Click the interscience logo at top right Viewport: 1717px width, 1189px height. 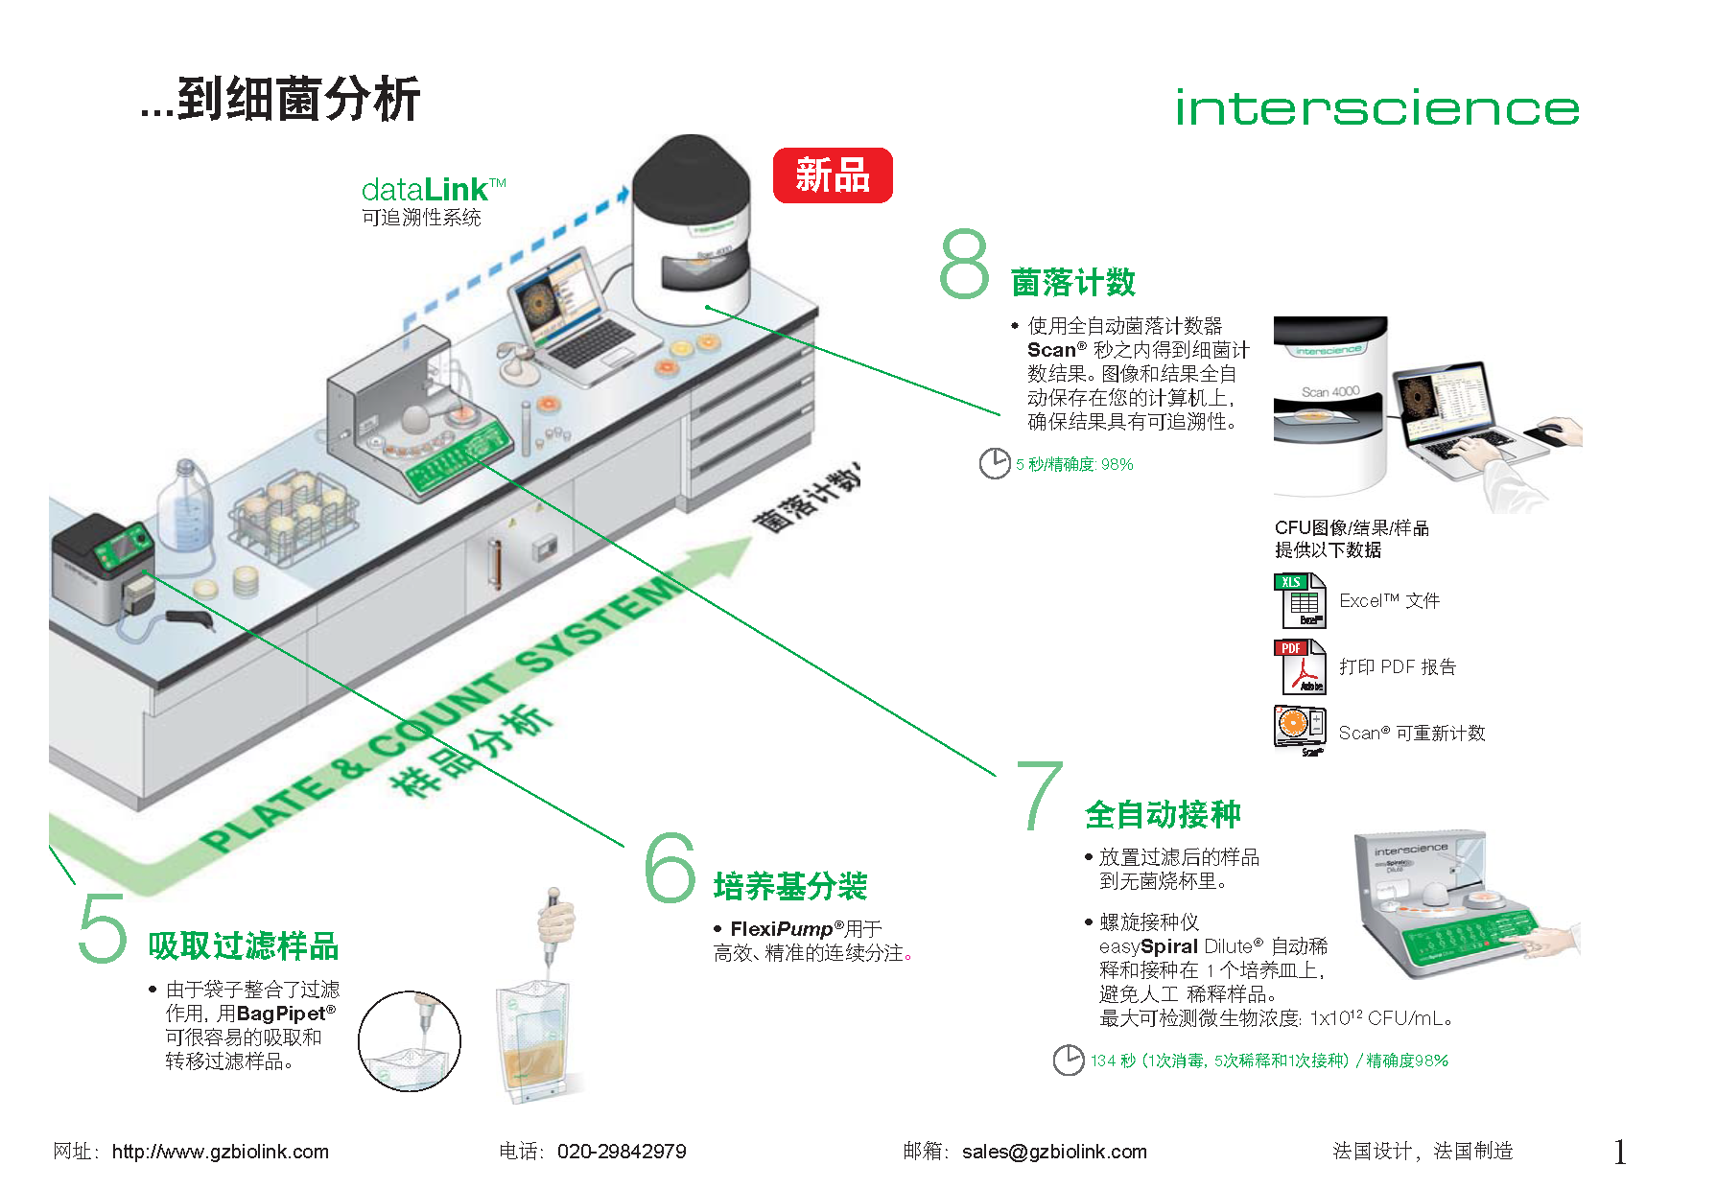[x=1376, y=107]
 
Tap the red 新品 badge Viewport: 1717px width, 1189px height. [x=833, y=175]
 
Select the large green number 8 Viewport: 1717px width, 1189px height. [x=964, y=263]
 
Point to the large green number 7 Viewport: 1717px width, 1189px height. [x=1041, y=795]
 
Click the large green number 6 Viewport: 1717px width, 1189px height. [x=670, y=867]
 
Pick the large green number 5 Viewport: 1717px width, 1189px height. [x=103, y=927]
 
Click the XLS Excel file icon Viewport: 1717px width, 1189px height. [x=1300, y=600]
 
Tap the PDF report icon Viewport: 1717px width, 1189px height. [x=1300, y=666]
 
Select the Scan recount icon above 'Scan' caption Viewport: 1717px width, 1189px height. [x=1300, y=728]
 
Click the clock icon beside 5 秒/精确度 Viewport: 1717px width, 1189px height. [x=995, y=463]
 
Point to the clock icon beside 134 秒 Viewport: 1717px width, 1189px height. [x=1069, y=1061]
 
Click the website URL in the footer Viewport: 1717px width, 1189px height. [x=220, y=1152]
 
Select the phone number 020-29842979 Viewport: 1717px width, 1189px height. [x=622, y=1152]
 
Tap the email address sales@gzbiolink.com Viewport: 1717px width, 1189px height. [x=1054, y=1152]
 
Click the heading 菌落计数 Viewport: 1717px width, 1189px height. [x=1073, y=283]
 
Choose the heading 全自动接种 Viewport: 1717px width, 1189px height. [x=1163, y=814]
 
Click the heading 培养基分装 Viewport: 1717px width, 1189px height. [x=790, y=886]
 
